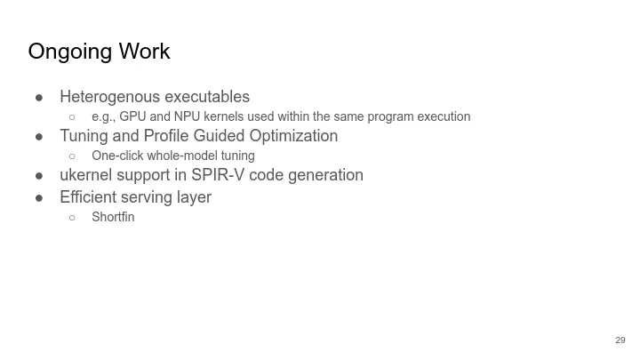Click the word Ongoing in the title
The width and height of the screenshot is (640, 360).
tap(70, 52)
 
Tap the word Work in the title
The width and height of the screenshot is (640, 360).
tap(145, 51)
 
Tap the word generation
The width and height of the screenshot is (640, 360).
tap(325, 176)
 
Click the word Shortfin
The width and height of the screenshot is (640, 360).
tap(113, 217)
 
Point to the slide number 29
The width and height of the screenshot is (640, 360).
tap(620, 340)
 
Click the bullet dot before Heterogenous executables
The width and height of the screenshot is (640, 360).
tap(39, 98)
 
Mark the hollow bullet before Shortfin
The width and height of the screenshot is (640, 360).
tap(72, 218)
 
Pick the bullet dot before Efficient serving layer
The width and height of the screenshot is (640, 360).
tap(39, 198)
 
